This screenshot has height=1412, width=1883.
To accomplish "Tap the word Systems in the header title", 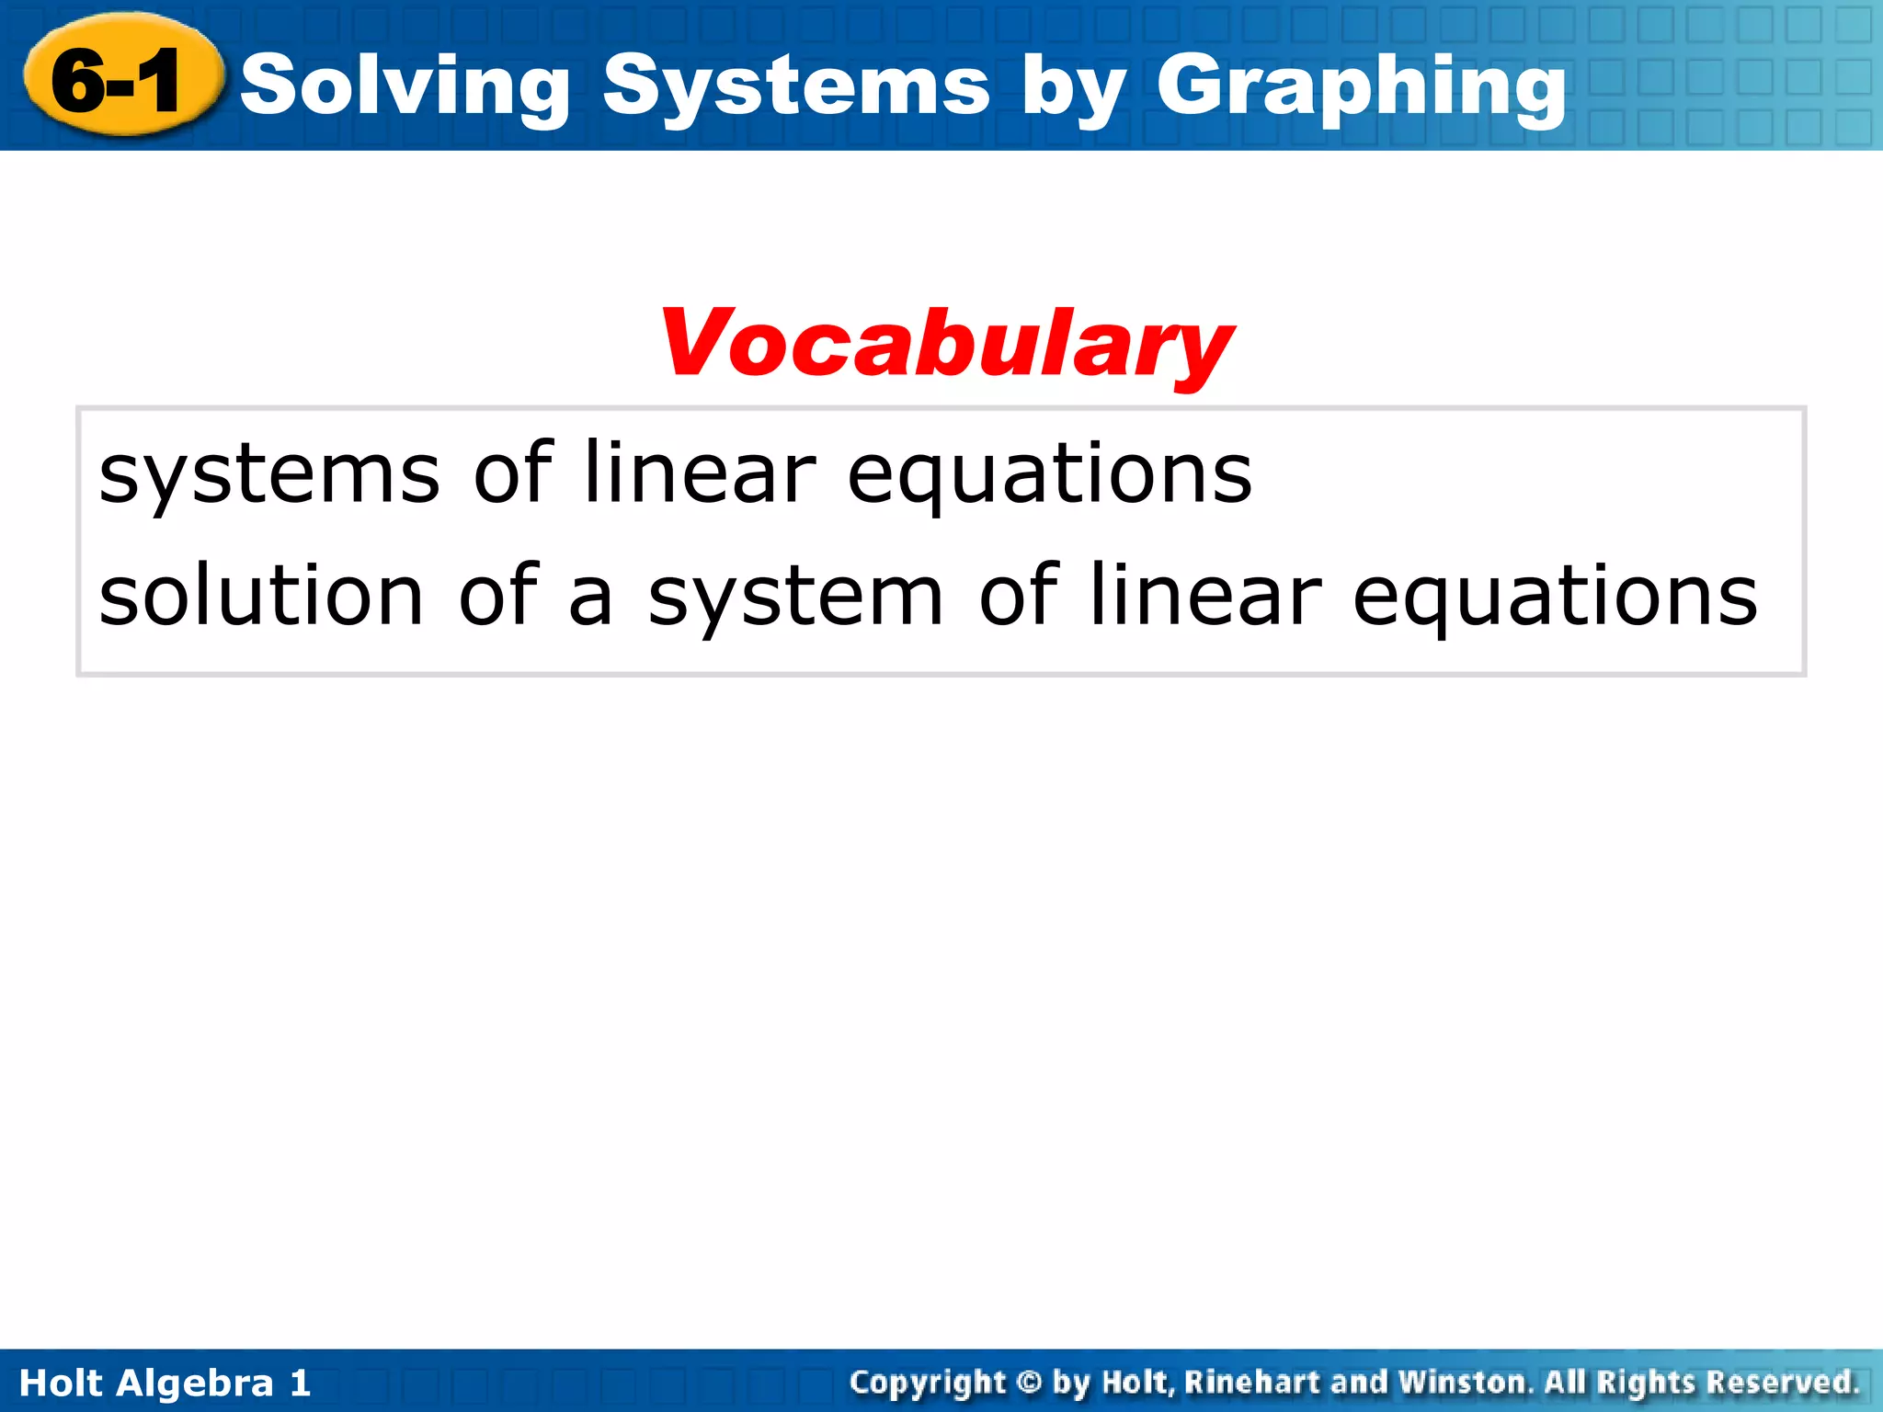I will pos(796,87).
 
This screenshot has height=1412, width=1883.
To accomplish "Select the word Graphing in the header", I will pos(1361,87).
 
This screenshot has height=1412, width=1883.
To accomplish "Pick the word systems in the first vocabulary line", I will pos(269,474).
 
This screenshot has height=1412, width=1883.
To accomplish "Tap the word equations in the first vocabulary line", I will pos(1049,474).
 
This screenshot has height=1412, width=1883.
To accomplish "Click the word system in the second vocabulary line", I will pos(795,597).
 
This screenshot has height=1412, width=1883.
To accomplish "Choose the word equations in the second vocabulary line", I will pos(1555,597).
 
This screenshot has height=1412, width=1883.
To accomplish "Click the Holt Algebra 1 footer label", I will pos(165,1383).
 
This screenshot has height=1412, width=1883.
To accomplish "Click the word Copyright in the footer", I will pos(929,1383).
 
